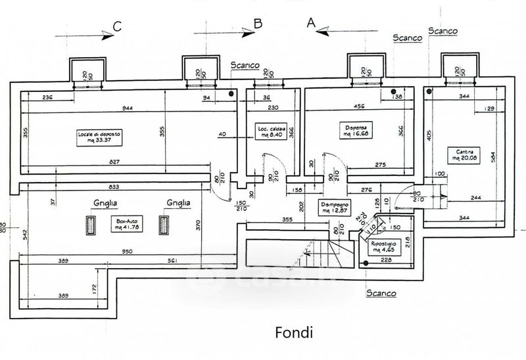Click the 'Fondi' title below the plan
293,333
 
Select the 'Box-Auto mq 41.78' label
124,225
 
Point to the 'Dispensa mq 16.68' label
356,130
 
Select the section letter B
258,24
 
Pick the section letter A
311,23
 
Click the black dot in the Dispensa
393,92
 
